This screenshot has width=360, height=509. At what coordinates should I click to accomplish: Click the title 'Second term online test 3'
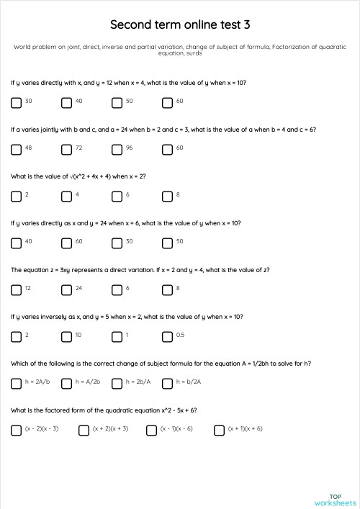180,24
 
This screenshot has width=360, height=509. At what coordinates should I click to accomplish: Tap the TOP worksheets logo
335,500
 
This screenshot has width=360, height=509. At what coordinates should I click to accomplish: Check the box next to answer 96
117,149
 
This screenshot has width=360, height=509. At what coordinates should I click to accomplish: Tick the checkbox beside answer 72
66,149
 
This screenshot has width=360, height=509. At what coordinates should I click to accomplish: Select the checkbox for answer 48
16,149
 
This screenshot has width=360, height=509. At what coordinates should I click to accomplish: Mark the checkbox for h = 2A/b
16,383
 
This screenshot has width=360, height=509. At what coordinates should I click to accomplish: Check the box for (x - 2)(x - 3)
16,430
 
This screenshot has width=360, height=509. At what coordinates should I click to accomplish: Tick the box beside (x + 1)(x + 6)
219,430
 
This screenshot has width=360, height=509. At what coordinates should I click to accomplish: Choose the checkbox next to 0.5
167,336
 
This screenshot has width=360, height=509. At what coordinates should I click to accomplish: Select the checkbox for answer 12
16,289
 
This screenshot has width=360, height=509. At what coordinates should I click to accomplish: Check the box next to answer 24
66,289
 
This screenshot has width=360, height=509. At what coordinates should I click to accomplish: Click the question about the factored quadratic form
104,410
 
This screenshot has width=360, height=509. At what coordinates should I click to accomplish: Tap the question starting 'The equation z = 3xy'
140,270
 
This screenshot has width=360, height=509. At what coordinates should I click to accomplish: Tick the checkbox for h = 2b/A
117,383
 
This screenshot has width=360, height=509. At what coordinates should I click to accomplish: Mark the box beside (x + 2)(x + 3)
84,430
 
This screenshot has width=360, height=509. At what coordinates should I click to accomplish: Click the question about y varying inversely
127,317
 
